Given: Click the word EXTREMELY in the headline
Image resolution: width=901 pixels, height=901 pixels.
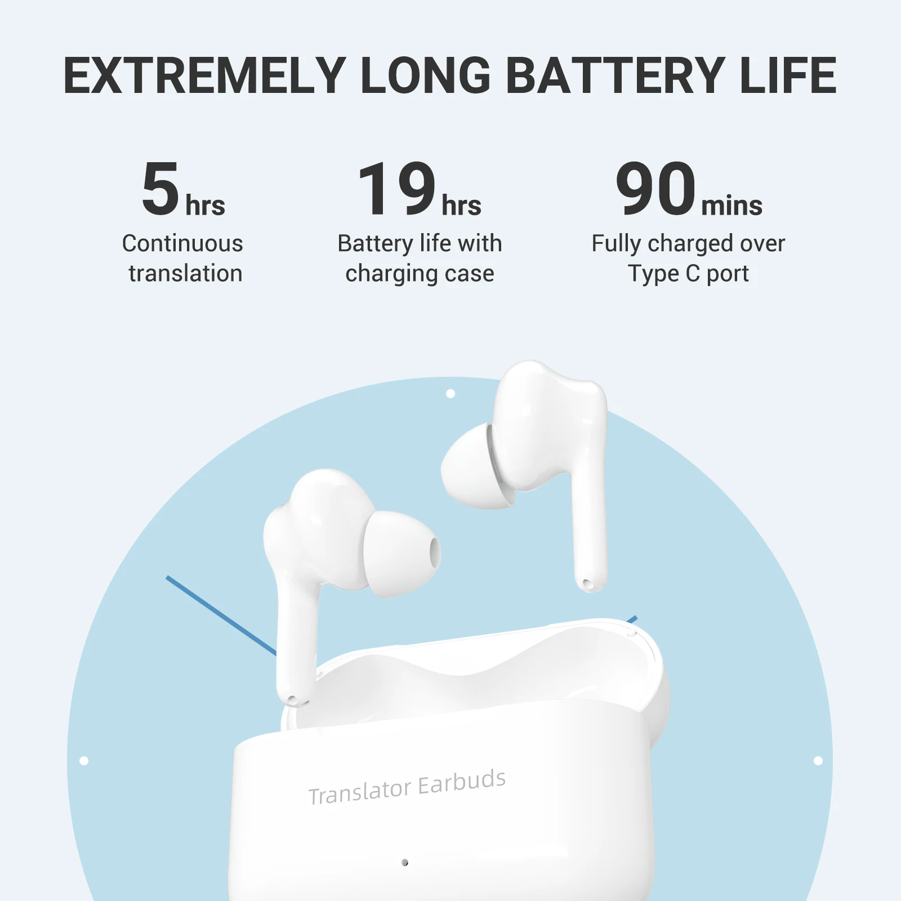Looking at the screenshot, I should (x=204, y=75).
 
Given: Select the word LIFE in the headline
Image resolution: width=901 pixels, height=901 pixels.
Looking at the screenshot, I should (x=788, y=75).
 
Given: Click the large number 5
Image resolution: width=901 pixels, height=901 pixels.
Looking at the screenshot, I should (x=160, y=188).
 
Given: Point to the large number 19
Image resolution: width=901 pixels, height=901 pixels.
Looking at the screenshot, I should (x=397, y=188).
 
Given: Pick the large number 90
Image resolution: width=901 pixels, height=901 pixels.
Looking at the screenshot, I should (x=655, y=188).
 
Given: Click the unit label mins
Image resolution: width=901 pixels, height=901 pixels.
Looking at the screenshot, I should (x=731, y=205).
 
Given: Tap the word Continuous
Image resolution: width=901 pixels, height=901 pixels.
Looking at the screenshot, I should (x=182, y=243).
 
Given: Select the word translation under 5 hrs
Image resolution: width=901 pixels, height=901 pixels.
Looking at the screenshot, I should (x=185, y=274).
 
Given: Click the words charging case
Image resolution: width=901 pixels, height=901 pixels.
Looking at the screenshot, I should (x=420, y=274).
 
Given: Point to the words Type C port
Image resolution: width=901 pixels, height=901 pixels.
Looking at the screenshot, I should (x=688, y=274).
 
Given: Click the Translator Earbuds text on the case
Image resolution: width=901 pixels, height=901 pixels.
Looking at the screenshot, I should (x=407, y=787).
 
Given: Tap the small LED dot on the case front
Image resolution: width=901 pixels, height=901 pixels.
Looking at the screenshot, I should (x=404, y=862).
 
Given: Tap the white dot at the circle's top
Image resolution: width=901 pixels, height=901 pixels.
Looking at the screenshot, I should (x=450, y=394).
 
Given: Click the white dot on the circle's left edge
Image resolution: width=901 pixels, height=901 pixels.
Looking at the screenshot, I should (x=84, y=761).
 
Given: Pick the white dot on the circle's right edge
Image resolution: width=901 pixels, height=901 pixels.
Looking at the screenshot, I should (x=818, y=761).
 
